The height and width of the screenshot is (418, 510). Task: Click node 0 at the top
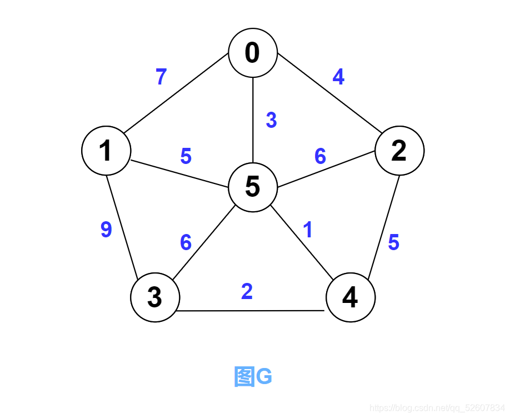(x=253, y=53)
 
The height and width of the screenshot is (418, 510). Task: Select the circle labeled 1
(x=106, y=151)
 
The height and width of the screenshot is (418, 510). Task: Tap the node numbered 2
(x=399, y=151)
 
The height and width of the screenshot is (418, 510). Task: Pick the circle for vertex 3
(x=155, y=297)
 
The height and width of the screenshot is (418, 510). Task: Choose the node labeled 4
(x=350, y=297)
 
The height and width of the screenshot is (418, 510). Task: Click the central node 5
(x=253, y=187)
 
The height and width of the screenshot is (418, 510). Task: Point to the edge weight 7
(x=161, y=77)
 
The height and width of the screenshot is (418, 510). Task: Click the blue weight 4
(x=338, y=77)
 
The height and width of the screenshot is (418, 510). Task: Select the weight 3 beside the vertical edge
(x=271, y=120)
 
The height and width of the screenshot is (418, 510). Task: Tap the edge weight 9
(x=106, y=230)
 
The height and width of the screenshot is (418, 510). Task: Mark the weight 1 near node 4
(x=308, y=230)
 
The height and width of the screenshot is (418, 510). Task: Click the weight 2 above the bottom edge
(x=247, y=291)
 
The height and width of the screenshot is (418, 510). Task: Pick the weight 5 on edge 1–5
(x=186, y=157)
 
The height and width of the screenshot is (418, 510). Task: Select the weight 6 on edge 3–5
(x=186, y=242)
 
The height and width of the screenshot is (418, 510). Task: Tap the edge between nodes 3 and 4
(x=250, y=311)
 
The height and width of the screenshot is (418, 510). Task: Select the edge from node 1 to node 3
(x=121, y=225)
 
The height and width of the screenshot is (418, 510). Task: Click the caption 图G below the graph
(x=253, y=376)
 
